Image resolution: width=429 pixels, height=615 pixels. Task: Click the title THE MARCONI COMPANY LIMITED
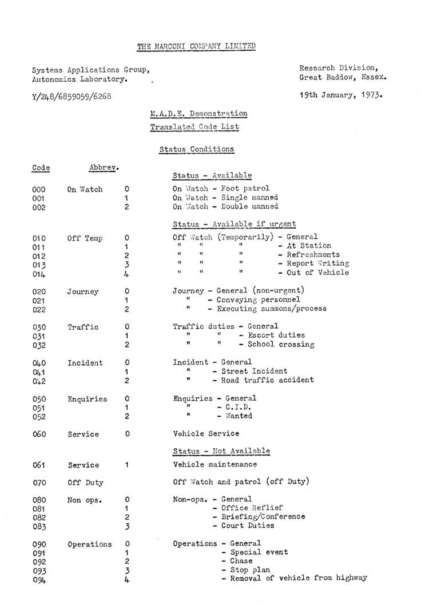tap(197, 46)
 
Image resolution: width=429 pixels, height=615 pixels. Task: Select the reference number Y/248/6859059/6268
tap(71, 96)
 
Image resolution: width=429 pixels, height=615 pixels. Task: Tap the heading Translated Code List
tap(194, 127)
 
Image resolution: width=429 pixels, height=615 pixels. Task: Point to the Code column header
tap(41, 168)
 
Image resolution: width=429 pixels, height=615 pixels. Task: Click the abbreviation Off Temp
tap(85, 238)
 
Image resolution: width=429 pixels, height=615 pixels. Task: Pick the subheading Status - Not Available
tap(221, 451)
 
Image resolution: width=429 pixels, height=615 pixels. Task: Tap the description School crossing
tap(281, 345)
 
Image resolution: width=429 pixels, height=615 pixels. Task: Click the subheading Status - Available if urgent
tap(234, 224)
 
